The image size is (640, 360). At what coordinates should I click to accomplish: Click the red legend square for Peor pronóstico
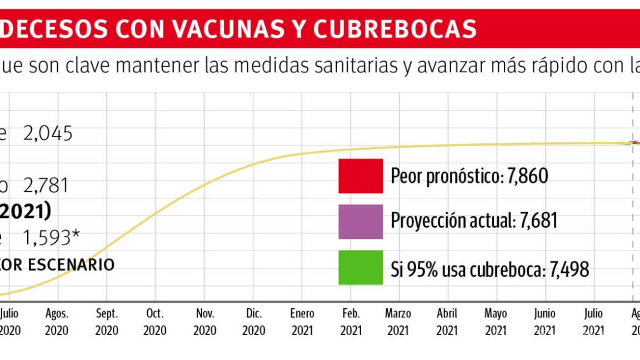[361, 176]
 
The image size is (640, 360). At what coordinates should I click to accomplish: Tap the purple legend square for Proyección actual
[361, 222]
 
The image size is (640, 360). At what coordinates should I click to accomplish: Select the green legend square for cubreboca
[361, 267]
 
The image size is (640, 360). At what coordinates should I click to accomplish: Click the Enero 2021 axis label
[302, 322]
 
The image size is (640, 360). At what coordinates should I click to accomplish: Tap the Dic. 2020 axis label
[254, 322]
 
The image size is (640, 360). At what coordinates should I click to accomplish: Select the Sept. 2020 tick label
[107, 322]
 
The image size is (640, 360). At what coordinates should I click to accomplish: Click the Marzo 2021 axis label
[398, 322]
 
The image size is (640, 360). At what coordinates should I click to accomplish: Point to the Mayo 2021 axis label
[496, 322]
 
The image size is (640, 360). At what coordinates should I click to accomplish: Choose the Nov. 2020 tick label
[205, 322]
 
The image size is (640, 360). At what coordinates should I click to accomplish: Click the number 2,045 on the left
[48, 134]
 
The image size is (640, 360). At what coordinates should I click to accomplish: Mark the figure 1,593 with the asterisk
[51, 238]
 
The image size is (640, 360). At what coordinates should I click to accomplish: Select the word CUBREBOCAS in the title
[394, 28]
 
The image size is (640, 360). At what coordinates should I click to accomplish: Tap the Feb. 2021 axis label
[351, 322]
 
